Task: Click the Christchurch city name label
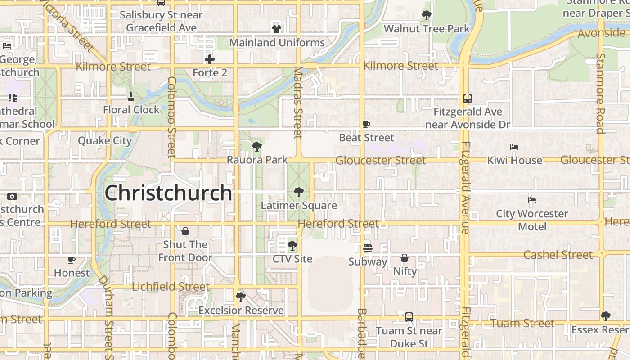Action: [168, 193]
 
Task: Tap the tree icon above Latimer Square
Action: [298, 192]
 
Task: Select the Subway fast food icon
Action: [368, 248]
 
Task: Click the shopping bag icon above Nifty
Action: [405, 258]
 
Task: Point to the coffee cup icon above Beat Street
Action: [366, 124]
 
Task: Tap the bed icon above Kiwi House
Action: [514, 147]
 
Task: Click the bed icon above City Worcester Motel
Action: [532, 200]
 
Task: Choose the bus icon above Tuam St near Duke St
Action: [409, 317]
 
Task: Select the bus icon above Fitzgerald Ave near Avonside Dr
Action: [468, 98]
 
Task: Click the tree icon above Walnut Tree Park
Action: [426, 15]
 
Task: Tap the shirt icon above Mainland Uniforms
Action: [276, 29]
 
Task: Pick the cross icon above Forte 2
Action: [210, 59]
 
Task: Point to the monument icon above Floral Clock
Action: [131, 96]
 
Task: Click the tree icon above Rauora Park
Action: [257, 146]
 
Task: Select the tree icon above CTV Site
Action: [292, 245]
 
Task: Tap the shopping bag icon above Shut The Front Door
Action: [185, 231]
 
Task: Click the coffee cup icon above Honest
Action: [72, 260]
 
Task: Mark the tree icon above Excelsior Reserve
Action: [241, 297]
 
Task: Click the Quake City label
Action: [105, 141]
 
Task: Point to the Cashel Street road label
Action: [558, 255]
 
